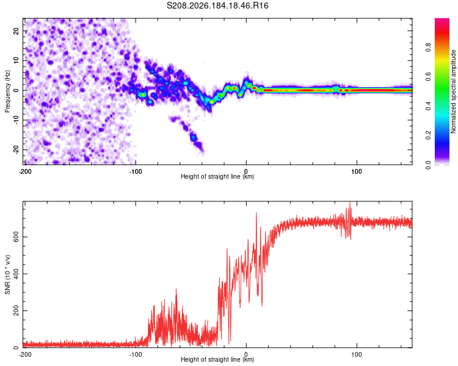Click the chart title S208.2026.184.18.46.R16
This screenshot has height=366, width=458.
[217, 5]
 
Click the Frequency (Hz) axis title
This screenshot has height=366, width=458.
[7, 91]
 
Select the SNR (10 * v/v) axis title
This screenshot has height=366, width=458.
[7, 274]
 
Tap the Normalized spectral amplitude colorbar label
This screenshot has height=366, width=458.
[453, 91]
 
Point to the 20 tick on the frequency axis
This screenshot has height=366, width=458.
[16, 30]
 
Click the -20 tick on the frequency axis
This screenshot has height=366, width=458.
[16, 149]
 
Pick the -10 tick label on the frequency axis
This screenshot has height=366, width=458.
[16, 120]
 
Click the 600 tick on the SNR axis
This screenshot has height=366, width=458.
[16, 237]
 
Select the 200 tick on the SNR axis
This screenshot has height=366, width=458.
[16, 311]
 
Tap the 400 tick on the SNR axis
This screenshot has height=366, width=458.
[16, 274]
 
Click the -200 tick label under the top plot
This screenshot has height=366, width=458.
[25, 171]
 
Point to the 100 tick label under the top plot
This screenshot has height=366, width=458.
[357, 171]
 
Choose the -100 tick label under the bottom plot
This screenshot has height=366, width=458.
[136, 354]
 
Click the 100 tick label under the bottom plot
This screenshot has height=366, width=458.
[357, 354]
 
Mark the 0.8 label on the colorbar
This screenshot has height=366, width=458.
[428, 47]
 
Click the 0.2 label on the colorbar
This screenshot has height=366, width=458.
[428, 135]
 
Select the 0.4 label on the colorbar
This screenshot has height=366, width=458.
[428, 106]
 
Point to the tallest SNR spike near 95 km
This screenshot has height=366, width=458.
[350, 203]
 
